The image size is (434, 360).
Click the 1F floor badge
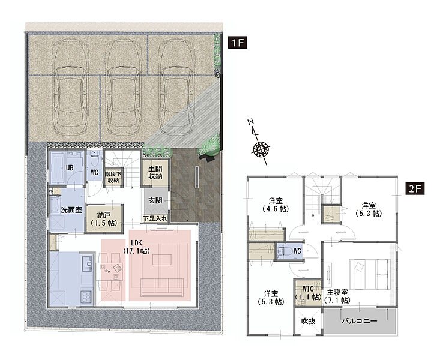click(x=238, y=43)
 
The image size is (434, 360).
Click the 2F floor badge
click(x=415, y=189)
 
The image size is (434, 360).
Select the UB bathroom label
click(x=70, y=167)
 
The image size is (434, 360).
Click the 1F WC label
click(x=95, y=172)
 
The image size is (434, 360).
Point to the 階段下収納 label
click(x=113, y=177)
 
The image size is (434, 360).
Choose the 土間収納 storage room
click(x=155, y=172)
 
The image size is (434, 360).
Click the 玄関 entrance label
click(x=155, y=200)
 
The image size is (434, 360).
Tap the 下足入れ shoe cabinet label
click(x=155, y=218)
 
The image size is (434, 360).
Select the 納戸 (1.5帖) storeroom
click(x=104, y=218)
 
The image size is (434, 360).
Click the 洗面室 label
click(x=71, y=210)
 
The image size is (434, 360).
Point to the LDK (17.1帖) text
click(x=136, y=247)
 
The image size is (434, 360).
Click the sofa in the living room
click(x=162, y=287)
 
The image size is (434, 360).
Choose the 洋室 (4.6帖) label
click(x=276, y=205)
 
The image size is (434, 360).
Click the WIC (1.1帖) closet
click(x=308, y=293)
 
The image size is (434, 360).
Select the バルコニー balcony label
click(x=360, y=321)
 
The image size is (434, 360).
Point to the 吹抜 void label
click(x=308, y=321)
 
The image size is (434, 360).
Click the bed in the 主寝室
click(x=370, y=274)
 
